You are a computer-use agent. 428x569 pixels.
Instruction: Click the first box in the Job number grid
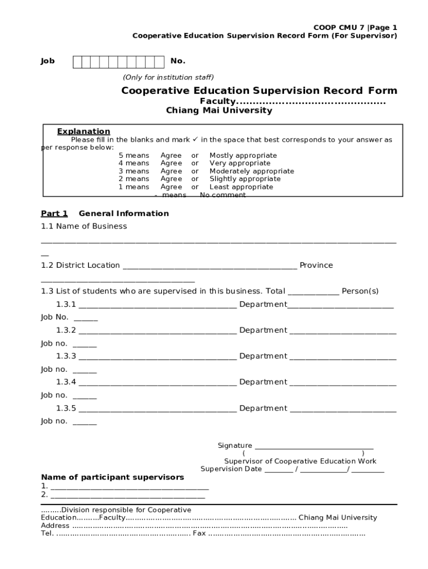78,62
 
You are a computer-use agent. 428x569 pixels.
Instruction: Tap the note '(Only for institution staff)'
168,77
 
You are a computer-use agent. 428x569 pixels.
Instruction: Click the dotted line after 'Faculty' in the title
311,102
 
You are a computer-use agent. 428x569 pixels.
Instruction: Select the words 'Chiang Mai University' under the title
219,111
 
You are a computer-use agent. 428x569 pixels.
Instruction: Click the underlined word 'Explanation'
83,132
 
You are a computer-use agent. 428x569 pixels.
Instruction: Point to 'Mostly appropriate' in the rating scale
243,156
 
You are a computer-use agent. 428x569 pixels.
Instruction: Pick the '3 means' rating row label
133,171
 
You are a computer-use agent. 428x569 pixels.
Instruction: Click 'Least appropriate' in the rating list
241,187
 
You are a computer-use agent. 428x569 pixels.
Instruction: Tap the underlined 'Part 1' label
54,213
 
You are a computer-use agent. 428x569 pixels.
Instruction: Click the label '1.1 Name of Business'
84,226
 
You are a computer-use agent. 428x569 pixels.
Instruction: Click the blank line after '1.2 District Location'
210,266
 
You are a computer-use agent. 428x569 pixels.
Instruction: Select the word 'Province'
316,266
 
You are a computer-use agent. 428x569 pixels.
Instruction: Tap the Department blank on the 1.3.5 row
343,408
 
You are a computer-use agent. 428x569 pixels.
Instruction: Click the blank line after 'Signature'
313,446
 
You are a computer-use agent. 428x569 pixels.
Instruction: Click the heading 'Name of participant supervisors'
112,477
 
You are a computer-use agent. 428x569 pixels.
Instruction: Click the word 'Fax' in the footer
199,533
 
